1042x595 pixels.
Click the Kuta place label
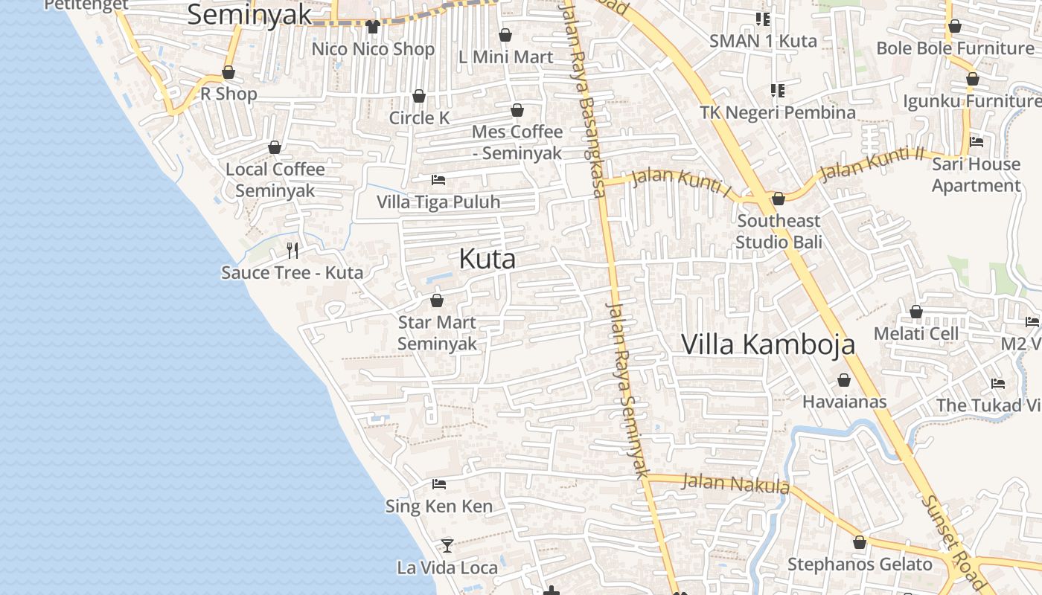tap(487, 259)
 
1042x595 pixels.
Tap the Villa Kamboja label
tap(768, 344)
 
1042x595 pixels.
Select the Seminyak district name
tap(249, 14)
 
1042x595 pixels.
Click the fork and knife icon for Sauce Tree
tap(293, 250)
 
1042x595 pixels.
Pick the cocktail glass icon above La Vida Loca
tap(447, 546)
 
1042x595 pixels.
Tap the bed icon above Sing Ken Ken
tap(439, 484)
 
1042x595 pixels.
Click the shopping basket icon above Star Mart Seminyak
tap(437, 300)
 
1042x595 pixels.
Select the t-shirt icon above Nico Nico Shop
tap(373, 26)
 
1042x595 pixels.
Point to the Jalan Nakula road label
tap(735, 483)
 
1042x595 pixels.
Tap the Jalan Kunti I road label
tap(682, 182)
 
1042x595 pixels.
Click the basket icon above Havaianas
tap(844, 380)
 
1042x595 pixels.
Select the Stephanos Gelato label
tap(860, 565)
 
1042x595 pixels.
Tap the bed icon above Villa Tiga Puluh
tap(438, 180)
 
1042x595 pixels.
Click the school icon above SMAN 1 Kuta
tap(763, 19)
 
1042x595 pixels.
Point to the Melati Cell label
tap(916, 333)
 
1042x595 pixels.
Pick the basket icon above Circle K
tap(419, 96)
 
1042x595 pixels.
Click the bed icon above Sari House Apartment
tap(977, 141)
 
